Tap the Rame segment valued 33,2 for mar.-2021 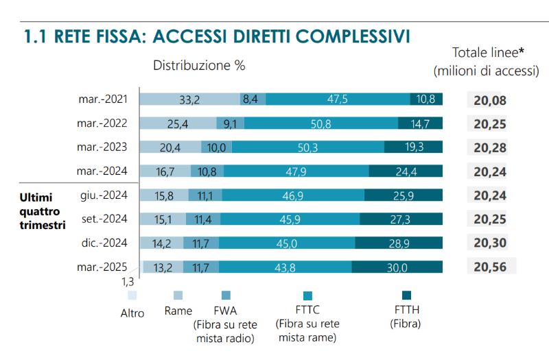(189, 99)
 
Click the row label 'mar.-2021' (103, 99)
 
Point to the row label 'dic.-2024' (104, 243)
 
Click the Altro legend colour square (132, 296)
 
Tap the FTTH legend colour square (404, 296)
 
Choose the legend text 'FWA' (225, 310)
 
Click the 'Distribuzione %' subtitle (199, 66)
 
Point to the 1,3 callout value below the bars (128, 281)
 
